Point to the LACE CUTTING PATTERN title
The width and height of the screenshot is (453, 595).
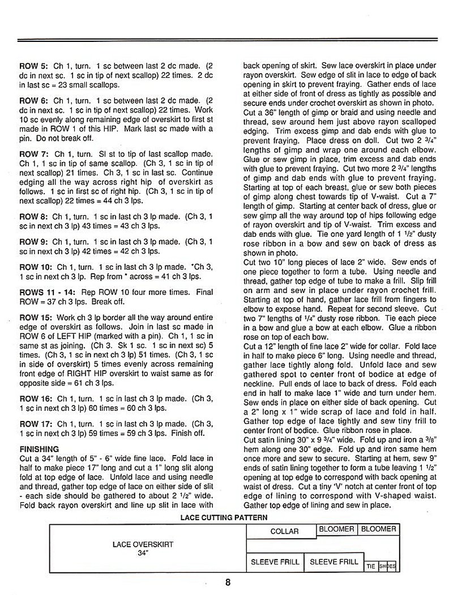pos(224,517)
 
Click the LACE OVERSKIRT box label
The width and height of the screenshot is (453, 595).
pos(143,544)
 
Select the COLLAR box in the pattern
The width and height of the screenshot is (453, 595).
pos(284,532)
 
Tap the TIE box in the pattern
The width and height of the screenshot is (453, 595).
pos(371,566)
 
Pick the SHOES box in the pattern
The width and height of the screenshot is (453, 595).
pos(387,566)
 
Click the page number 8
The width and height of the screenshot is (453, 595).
pos(228,582)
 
